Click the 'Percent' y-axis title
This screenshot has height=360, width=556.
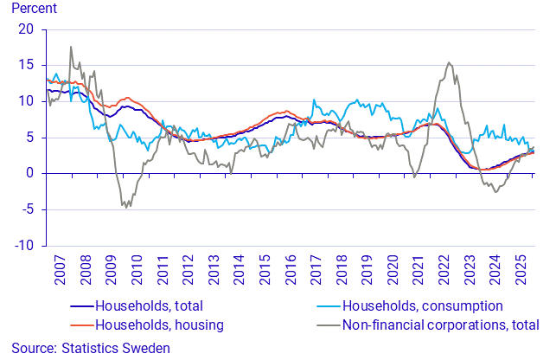pyautogui.click(x=33, y=10)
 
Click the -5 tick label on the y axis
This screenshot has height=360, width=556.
pyautogui.click(x=28, y=209)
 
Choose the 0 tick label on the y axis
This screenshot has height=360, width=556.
pyautogui.click(x=31, y=173)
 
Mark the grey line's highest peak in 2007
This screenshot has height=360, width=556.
pyautogui.click(x=70, y=47)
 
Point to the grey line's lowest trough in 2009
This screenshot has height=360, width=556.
pyautogui.click(x=126, y=208)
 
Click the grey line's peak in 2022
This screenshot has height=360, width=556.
pyautogui.click(x=449, y=62)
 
